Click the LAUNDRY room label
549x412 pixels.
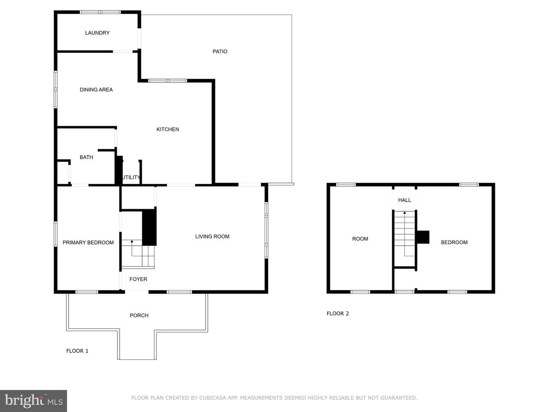pyautogui.click(x=97, y=33)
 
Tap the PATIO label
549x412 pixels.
pyautogui.click(x=220, y=51)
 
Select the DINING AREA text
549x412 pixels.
pyautogui.click(x=96, y=90)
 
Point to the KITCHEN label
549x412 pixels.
pyautogui.click(x=168, y=129)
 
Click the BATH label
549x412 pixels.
pyautogui.click(x=86, y=157)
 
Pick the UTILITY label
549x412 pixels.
pyautogui.click(x=131, y=177)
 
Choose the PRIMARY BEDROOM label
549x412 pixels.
pyautogui.click(x=88, y=242)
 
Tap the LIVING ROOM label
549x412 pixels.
pyautogui.click(x=212, y=237)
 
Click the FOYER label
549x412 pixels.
pyautogui.click(x=138, y=279)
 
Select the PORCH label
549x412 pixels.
pyautogui.click(x=139, y=315)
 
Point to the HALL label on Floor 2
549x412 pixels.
pyautogui.click(x=405, y=200)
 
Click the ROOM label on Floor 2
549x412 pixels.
pyautogui.click(x=360, y=239)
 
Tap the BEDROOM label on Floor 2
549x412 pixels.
pyautogui.click(x=454, y=242)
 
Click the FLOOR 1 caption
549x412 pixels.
pyautogui.click(x=77, y=351)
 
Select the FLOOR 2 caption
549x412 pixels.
pyautogui.click(x=338, y=314)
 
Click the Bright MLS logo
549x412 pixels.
pyautogui.click(x=34, y=401)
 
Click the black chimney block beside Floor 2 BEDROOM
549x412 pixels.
pyautogui.click(x=423, y=237)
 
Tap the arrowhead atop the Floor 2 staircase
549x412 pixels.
pyautogui.click(x=405, y=212)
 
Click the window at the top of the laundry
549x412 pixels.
pyautogui.click(x=100, y=12)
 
